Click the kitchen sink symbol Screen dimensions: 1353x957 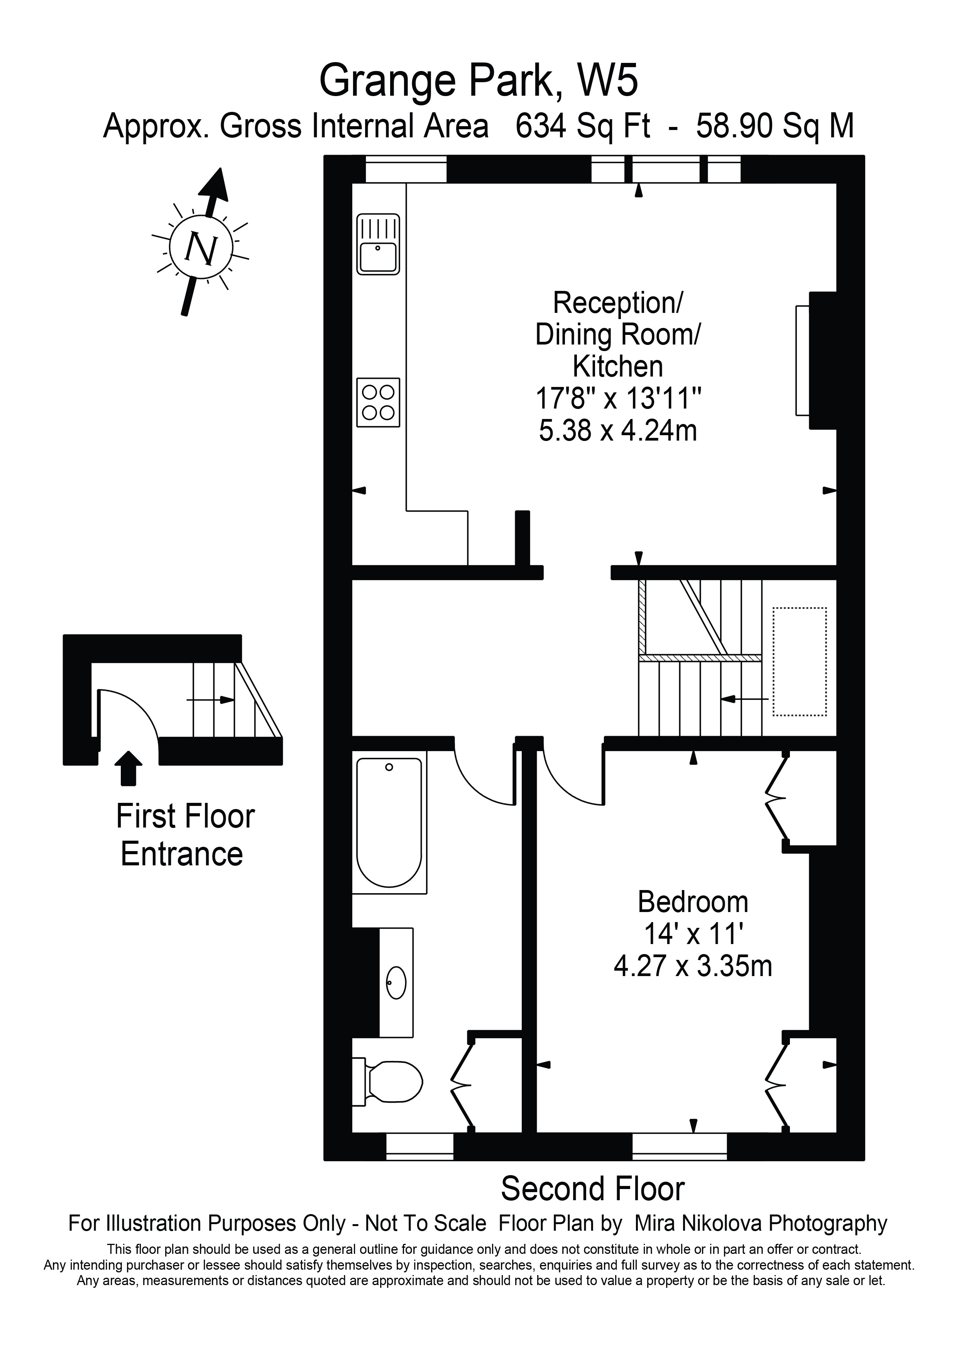[378, 244]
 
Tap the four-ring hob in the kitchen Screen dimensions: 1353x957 [378, 402]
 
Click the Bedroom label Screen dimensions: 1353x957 [693, 902]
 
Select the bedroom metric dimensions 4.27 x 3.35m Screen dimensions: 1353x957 [693, 966]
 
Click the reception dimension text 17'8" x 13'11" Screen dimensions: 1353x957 [617, 399]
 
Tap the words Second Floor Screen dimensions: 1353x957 [592, 1189]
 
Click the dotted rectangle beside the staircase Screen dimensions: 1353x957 [800, 662]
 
